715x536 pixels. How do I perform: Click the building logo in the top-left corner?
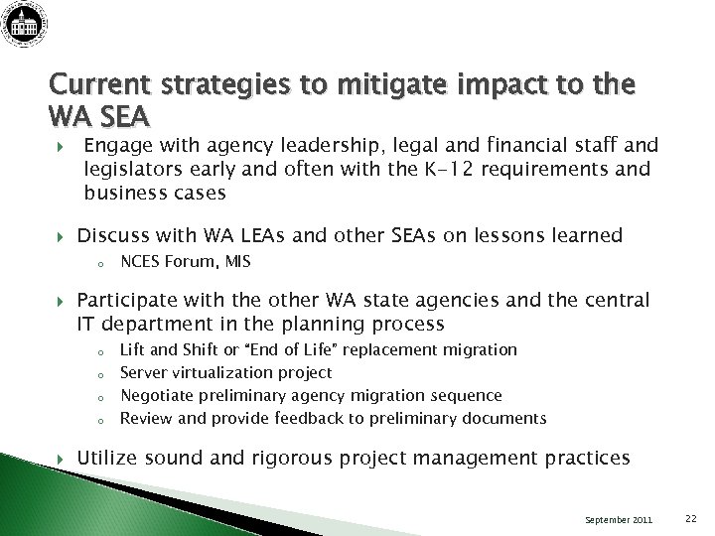pyautogui.click(x=28, y=25)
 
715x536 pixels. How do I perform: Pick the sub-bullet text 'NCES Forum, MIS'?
pyautogui.click(x=185, y=262)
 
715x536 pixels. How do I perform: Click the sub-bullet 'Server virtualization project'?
pyautogui.click(x=225, y=372)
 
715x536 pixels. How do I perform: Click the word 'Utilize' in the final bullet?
pyautogui.click(x=108, y=458)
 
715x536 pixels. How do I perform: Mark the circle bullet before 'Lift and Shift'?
pyautogui.click(x=100, y=350)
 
